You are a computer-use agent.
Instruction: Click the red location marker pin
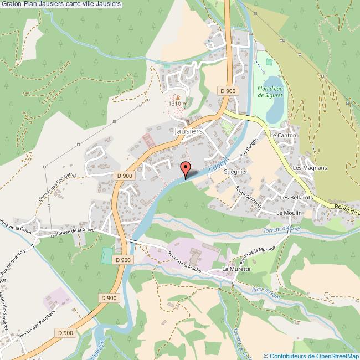click(186, 168)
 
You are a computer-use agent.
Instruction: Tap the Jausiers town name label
click(188, 132)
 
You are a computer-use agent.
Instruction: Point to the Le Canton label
click(284, 135)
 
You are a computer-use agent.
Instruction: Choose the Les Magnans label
click(310, 168)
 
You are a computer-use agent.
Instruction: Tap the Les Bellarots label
click(296, 197)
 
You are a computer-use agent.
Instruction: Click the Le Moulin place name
click(287, 213)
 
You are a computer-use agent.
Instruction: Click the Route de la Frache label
click(183, 260)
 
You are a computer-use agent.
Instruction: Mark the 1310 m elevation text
click(178, 104)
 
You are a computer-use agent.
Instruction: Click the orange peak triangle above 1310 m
click(178, 97)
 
